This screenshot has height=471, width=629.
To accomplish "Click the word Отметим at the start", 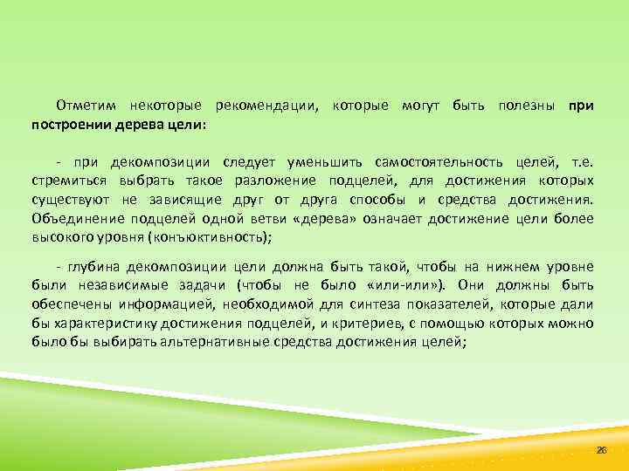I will pyautogui.click(x=85, y=106).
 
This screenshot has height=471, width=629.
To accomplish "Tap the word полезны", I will pyautogui.click(x=529, y=106).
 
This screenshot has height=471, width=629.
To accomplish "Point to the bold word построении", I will pyautogui.click(x=70, y=124).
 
